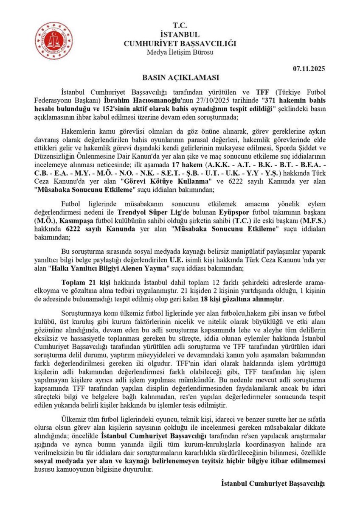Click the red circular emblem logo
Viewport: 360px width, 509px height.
click(x=53, y=41)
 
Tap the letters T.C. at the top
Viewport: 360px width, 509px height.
click(x=180, y=26)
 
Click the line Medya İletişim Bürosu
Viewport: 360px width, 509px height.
click(x=180, y=53)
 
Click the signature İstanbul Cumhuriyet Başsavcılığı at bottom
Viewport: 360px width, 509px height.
click(x=273, y=483)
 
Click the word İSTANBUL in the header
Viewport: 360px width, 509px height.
click(x=180, y=35)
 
